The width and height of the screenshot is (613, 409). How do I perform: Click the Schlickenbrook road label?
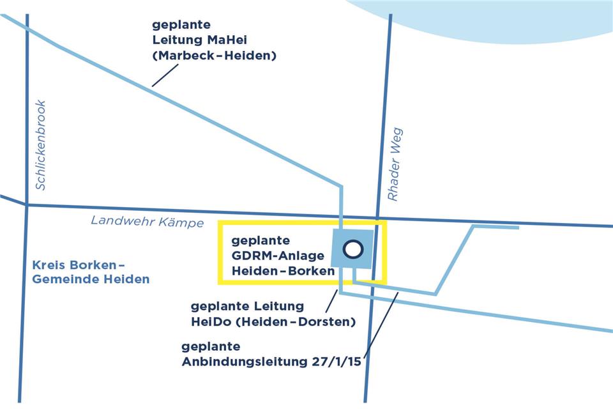(41, 146)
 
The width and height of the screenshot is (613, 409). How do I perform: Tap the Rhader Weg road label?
(395, 164)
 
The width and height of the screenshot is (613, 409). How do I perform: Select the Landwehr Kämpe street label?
(148, 222)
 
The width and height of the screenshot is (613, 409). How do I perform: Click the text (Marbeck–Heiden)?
(214, 56)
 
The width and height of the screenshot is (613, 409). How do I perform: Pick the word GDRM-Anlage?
(278, 256)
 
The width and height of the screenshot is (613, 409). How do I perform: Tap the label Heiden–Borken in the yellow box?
(283, 271)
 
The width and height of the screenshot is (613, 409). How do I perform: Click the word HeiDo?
(210, 322)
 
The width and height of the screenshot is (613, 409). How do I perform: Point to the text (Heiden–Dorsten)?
(295, 322)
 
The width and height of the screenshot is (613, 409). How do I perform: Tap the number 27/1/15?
(337, 362)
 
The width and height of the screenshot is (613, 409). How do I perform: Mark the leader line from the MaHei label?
(165, 75)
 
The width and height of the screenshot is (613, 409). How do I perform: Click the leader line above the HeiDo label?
(331, 300)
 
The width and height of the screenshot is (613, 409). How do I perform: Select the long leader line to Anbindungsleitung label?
(382, 325)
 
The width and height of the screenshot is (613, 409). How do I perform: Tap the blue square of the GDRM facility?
(340, 261)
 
